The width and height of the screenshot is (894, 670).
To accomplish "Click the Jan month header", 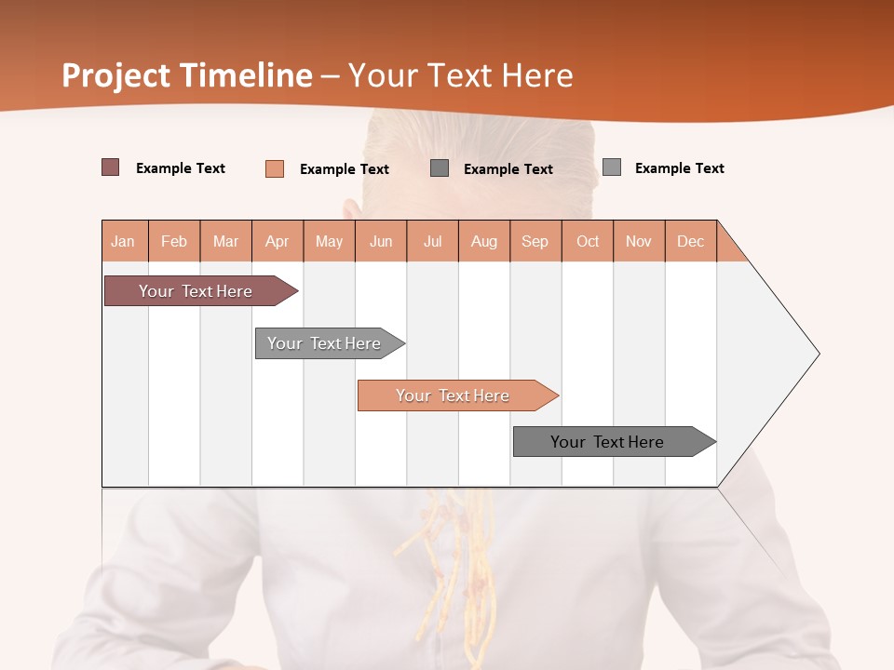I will [124, 241].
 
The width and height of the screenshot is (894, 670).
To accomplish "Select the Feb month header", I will [174, 241].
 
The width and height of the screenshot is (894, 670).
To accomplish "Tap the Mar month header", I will [225, 241].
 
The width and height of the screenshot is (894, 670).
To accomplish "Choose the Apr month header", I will [278, 241].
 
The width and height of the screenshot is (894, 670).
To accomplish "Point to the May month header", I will [329, 241].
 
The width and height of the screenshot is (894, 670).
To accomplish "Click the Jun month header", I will [381, 241].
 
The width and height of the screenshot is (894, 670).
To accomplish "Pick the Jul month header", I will [432, 241].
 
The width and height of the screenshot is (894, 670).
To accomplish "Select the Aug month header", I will [484, 241].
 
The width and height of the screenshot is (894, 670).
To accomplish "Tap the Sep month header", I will [535, 241].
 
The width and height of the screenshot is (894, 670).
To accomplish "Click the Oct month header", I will [588, 241].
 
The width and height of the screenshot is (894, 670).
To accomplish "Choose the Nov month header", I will [639, 241].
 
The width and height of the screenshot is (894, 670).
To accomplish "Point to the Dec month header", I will [691, 241].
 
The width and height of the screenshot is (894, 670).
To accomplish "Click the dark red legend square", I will [111, 167].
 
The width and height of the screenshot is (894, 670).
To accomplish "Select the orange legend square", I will [275, 168].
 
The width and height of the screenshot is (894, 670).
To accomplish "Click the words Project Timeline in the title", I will [187, 75].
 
